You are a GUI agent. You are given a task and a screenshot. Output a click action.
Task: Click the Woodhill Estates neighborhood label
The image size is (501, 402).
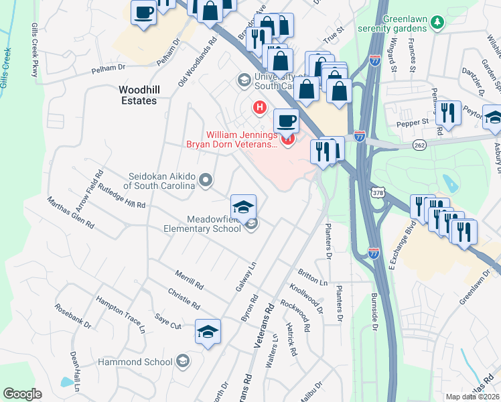point(137,94)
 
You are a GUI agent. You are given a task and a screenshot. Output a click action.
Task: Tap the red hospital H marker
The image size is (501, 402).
point(259,107)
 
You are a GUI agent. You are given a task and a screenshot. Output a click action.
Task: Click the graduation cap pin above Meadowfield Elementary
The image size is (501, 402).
point(244,206)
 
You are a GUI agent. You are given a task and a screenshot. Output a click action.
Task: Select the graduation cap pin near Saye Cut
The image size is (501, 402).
point(208,331)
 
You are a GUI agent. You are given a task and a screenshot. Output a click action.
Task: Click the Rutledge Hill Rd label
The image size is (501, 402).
point(121,195)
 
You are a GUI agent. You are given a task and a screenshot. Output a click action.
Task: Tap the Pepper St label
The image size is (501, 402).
point(415,123)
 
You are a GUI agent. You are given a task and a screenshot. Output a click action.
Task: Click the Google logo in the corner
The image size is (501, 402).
point(22,394)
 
